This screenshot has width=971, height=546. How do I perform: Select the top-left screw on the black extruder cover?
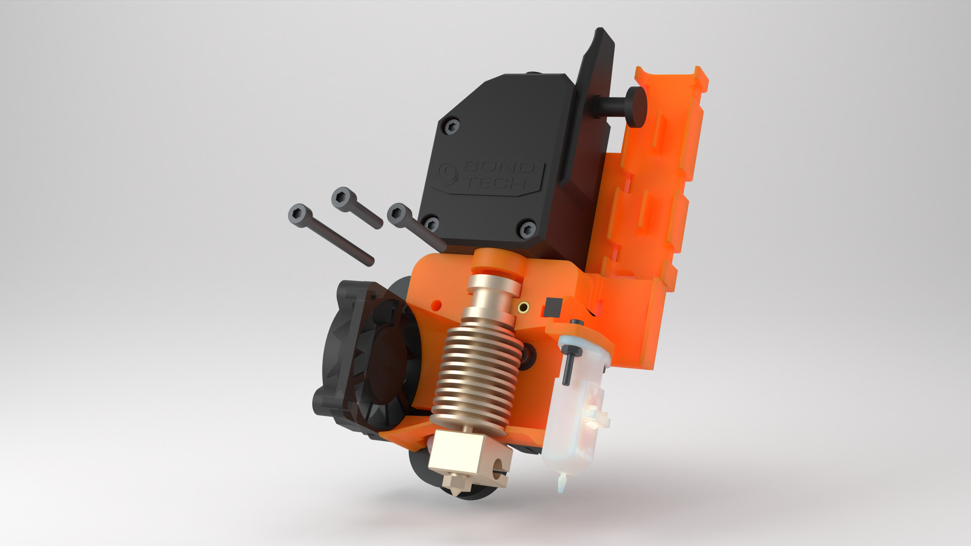[451, 127]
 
